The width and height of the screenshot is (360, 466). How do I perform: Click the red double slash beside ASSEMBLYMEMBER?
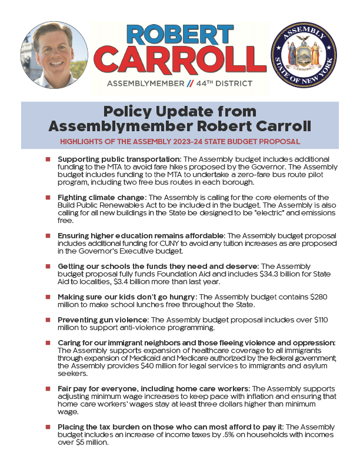click(x=188, y=84)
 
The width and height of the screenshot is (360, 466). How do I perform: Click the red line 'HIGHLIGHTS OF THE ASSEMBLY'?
click(x=180, y=142)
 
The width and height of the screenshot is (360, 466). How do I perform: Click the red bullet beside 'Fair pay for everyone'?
click(x=49, y=390)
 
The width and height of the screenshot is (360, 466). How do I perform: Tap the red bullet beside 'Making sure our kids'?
click(x=49, y=298)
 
